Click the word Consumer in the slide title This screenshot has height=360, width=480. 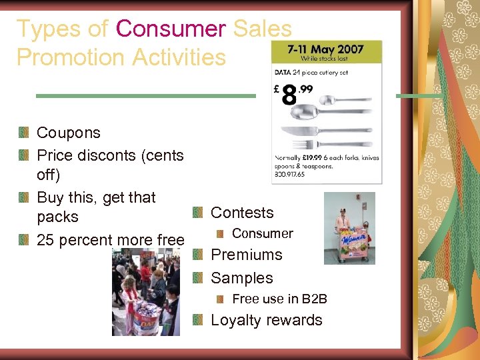click(171, 29)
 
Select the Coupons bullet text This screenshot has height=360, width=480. click(68, 133)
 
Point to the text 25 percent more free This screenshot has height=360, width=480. click(110, 240)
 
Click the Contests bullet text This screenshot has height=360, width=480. click(242, 213)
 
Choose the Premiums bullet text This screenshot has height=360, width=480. click(246, 255)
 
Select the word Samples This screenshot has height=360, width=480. click(241, 278)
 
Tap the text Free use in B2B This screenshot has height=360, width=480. click(279, 299)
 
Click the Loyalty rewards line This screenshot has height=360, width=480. click(266, 320)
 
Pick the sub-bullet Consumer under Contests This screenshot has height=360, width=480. click(262, 233)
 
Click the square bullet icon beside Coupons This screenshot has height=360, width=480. click(25, 133)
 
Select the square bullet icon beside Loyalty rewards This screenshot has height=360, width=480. click(198, 321)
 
